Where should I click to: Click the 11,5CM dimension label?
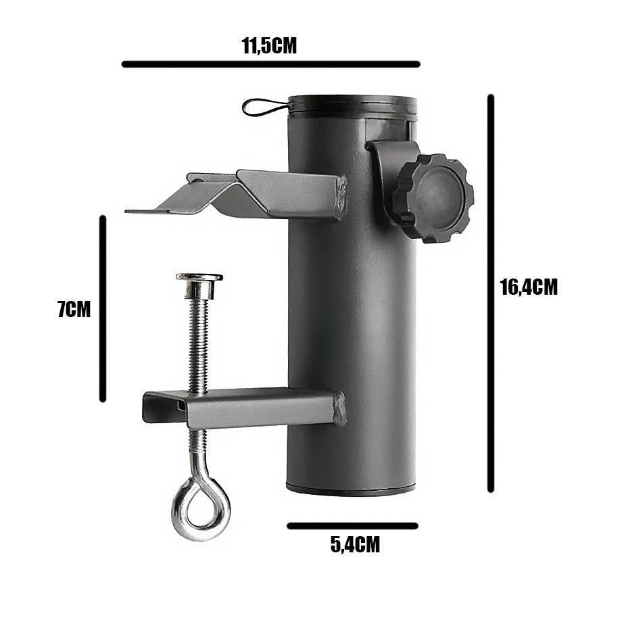click(x=269, y=45)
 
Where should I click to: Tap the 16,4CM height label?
click(x=529, y=287)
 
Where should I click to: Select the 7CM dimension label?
click(x=74, y=310)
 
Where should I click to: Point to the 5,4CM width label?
click(x=355, y=544)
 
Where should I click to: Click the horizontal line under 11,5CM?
click(x=270, y=64)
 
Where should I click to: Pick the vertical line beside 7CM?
click(x=103, y=308)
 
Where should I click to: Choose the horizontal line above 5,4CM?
click(x=352, y=525)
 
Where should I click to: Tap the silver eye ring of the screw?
click(x=200, y=505)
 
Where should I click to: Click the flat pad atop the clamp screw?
click(x=199, y=277)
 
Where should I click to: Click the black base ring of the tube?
click(x=350, y=490)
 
